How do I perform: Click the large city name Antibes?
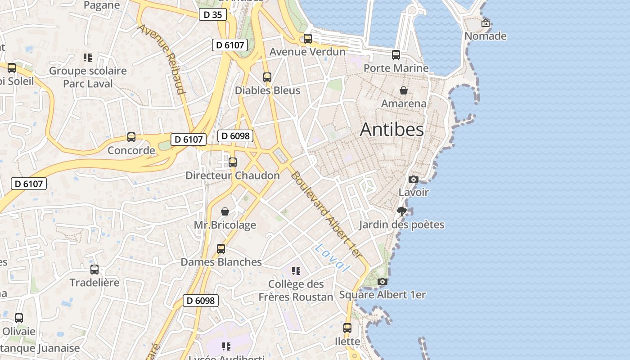coord(391,130)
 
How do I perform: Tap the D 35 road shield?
coord(212,15)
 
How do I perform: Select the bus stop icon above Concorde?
coord(131,137)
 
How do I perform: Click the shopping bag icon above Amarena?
coord(404,90)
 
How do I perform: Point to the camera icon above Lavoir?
coord(413,179)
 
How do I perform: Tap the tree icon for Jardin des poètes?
coord(402,211)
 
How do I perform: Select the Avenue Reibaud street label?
coord(162,59)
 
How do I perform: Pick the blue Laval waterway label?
coord(333,258)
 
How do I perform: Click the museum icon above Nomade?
coord(486,23)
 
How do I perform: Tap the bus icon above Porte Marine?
coord(396,55)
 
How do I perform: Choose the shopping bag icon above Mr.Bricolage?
coord(225,211)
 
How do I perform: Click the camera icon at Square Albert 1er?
coord(382,282)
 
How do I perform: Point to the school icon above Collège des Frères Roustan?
coord(296,271)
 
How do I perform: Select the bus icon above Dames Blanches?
coord(221,249)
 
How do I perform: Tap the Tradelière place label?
coord(94,283)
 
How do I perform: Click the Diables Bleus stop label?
coord(267,90)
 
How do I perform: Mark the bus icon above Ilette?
coord(347,328)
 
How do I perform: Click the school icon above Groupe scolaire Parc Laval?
coord(88,58)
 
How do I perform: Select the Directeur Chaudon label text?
coord(233,175)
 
